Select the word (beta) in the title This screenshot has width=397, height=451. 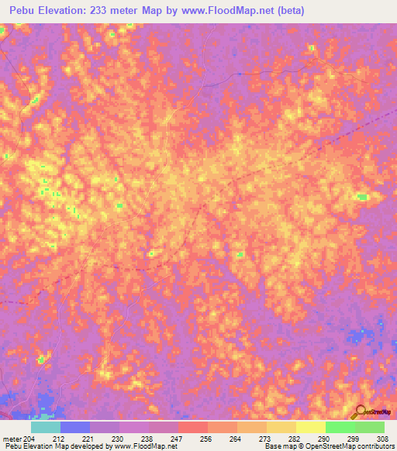(292, 11)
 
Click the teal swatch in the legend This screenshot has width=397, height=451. (46, 427)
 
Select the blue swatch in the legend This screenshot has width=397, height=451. (75, 427)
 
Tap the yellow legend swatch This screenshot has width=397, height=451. (310, 427)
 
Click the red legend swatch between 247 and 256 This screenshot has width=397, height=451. (193, 427)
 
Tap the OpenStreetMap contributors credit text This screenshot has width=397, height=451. (343, 446)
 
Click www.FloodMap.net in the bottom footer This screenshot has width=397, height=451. (145, 446)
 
